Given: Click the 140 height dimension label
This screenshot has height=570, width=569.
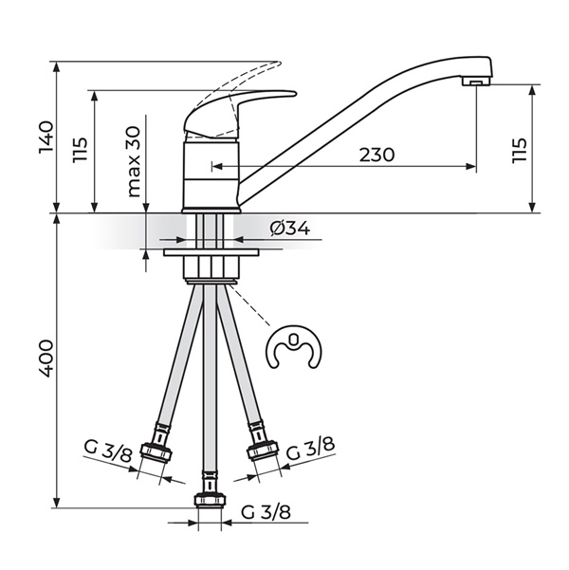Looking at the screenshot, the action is pyautogui.click(x=46, y=138).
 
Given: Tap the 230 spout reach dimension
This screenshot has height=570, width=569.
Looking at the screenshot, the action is pyautogui.click(x=376, y=155).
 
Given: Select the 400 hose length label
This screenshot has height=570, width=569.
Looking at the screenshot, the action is pyautogui.click(x=46, y=359).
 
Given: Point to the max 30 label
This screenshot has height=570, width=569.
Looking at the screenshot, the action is pyautogui.click(x=134, y=161).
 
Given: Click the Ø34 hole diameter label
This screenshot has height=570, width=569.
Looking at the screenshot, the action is pyautogui.click(x=290, y=229).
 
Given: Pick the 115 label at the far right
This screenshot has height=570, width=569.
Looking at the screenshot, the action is pyautogui.click(x=519, y=150).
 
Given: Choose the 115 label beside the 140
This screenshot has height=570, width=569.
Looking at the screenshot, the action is pyautogui.click(x=80, y=150).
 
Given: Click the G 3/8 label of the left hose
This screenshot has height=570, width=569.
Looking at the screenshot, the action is pyautogui.click(x=107, y=451).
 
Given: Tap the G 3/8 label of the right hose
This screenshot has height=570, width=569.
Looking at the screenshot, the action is pyautogui.click(x=310, y=449).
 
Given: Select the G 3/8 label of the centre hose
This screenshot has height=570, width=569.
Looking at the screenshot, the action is pyautogui.click(x=266, y=512).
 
